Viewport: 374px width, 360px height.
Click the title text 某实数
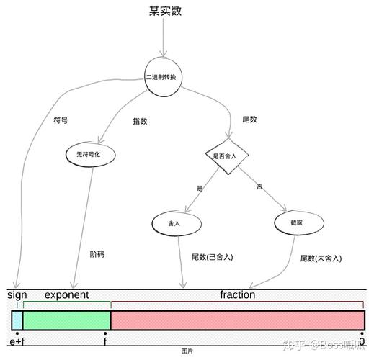[165, 12]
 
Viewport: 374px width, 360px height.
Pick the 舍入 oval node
[174, 224]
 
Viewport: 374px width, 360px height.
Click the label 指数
[140, 121]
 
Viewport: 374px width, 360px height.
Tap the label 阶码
[97, 254]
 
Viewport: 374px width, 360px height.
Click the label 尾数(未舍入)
[321, 258]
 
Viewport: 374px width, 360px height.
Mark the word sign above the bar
[17, 295]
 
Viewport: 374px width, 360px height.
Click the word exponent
[66, 295]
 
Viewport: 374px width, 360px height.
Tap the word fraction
[238, 295]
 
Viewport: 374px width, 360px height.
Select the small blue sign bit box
[17, 320]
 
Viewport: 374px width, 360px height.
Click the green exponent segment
[67, 320]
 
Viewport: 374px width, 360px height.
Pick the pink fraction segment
[238, 320]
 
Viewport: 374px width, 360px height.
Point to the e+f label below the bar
[17, 341]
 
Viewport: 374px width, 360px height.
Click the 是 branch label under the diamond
[200, 188]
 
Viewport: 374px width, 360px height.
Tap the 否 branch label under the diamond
[259, 187]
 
